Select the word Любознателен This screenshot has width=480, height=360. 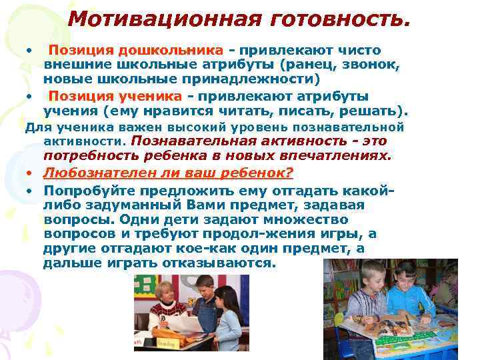click(x=102, y=172)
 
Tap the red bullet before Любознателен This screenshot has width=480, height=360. click(x=31, y=173)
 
